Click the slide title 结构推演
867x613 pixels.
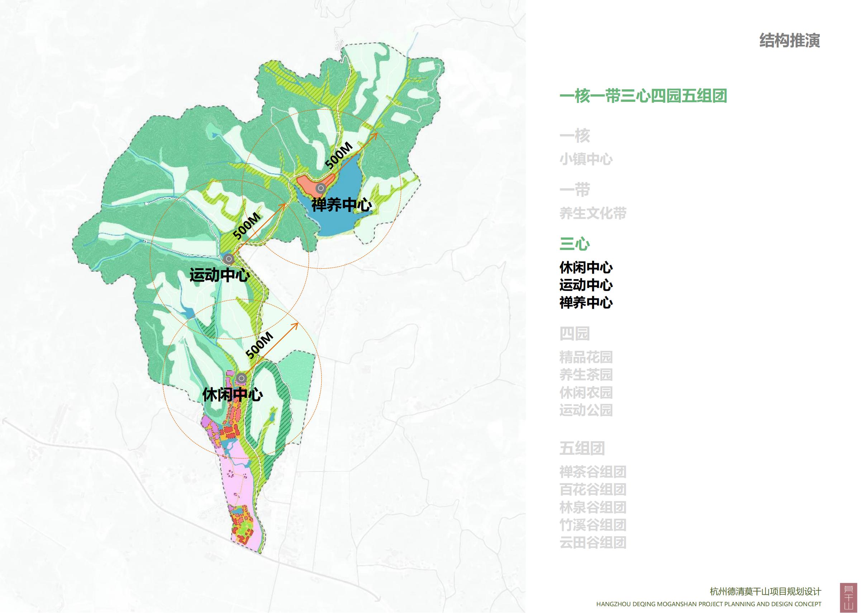[789, 41]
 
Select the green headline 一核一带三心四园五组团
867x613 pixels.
[643, 96]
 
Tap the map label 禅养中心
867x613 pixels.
[341, 205]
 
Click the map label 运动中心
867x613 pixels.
[219, 275]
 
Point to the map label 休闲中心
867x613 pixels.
[233, 395]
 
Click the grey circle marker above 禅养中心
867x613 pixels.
[320, 188]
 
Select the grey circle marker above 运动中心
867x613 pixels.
[228, 259]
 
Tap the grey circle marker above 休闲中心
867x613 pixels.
[241, 378]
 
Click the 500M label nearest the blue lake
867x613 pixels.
[339, 155]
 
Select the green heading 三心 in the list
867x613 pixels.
[574, 244]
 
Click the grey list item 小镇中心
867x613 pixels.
[586, 160]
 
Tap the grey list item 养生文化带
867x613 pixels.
[593, 213]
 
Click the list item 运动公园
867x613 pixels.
[586, 410]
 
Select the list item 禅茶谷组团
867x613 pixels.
[593, 472]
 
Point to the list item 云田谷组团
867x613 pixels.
[593, 543]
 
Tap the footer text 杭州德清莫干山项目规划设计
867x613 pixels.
[765, 591]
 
